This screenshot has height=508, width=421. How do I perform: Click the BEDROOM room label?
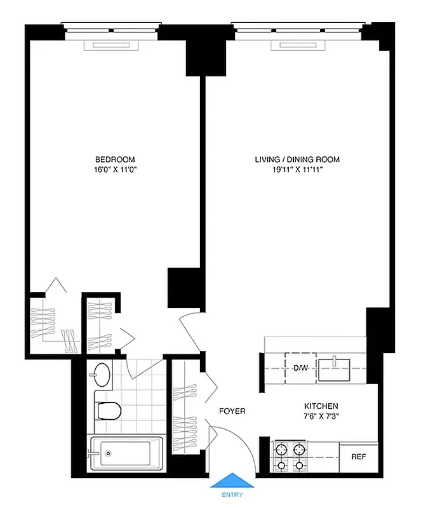point(115,159)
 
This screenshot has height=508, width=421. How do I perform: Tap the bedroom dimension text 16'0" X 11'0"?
point(115,170)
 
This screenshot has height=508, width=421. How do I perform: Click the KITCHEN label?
point(321,406)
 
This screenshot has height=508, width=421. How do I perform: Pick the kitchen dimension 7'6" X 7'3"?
point(321,417)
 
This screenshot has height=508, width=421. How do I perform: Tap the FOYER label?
point(232,411)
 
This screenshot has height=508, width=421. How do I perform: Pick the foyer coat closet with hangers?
point(186,406)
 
